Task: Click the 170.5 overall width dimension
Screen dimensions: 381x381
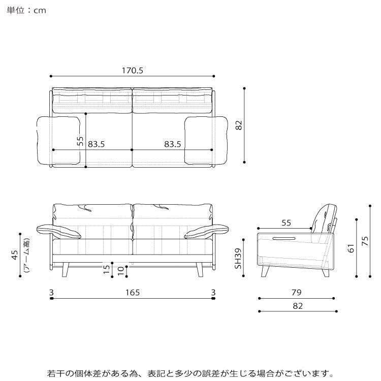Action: point(133,71)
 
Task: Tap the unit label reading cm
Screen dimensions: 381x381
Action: point(40,11)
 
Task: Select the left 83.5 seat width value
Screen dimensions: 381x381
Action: point(96,144)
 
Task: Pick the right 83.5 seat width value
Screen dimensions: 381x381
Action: point(173,144)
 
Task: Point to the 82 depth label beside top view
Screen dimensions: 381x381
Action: point(239,125)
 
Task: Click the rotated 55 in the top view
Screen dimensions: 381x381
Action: point(80,141)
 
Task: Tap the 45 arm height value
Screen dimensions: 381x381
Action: point(15,255)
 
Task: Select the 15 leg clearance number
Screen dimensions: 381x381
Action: point(107,269)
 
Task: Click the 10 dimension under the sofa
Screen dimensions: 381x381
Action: point(121,271)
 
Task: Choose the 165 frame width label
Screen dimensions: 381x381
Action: point(133,292)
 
